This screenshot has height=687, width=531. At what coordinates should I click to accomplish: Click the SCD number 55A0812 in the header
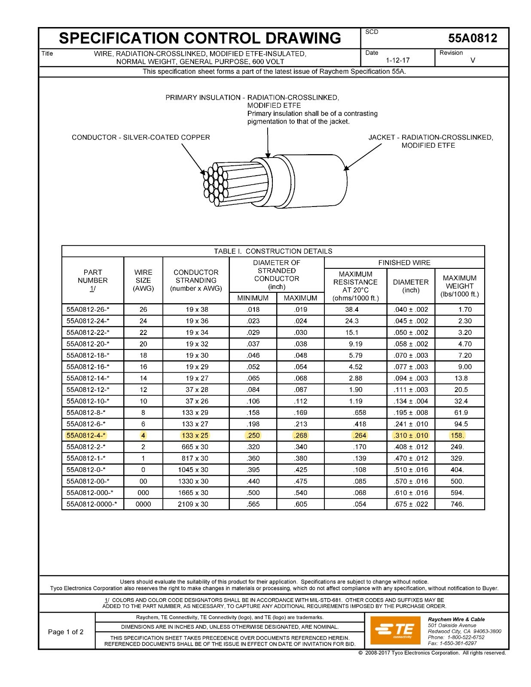click(473, 39)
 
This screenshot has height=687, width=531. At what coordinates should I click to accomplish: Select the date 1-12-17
click(397, 61)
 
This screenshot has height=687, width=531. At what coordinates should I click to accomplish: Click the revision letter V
click(473, 61)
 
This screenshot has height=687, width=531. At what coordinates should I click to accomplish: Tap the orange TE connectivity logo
click(394, 630)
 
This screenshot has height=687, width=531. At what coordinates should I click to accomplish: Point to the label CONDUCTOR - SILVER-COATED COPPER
click(141, 137)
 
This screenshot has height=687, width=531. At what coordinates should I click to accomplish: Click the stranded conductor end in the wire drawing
click(215, 182)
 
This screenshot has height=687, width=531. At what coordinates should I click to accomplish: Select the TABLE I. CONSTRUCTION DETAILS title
click(273, 251)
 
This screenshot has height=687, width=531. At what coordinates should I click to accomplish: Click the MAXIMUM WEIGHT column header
click(459, 286)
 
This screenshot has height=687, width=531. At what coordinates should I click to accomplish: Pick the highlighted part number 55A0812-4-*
click(86, 435)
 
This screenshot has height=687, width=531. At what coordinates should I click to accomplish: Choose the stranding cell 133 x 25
click(196, 435)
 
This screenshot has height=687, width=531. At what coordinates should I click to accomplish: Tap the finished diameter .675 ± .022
click(411, 504)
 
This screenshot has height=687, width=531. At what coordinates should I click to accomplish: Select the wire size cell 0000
click(143, 504)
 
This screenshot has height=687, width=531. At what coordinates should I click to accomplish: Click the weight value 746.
click(457, 504)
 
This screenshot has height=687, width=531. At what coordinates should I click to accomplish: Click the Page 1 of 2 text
click(66, 632)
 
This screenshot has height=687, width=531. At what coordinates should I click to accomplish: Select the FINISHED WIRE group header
click(404, 263)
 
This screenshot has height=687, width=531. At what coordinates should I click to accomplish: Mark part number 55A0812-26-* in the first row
click(88, 310)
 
